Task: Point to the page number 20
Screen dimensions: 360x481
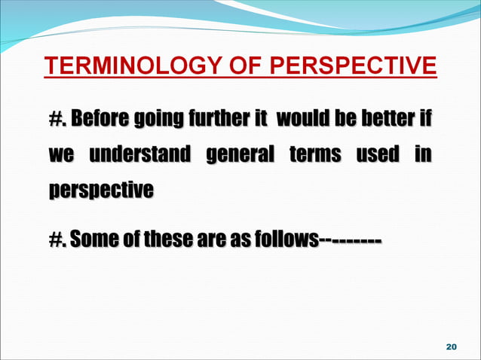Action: (x=452, y=346)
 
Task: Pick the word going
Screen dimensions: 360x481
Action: (x=161, y=121)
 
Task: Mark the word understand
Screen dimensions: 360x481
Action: (x=139, y=155)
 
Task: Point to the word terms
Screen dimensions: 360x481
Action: (x=314, y=155)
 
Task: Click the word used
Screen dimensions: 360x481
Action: (x=379, y=155)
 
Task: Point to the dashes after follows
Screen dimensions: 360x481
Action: (x=350, y=241)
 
